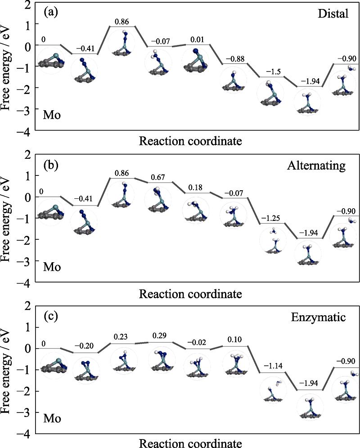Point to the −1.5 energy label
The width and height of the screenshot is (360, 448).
(x=271, y=73)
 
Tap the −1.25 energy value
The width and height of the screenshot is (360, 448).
(x=271, y=219)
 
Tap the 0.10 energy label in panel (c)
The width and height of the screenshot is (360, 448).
(x=234, y=341)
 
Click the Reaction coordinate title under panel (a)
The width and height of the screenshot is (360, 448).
(x=190, y=142)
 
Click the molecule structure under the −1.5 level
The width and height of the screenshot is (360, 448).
(x=271, y=93)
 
